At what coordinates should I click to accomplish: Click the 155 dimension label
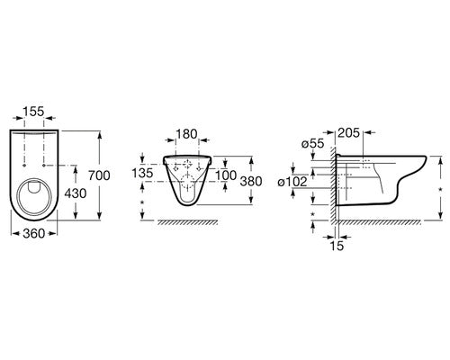pyautogui.click(x=33, y=112)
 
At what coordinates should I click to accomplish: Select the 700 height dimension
pyautogui.click(x=99, y=175)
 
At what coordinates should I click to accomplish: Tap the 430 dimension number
pyautogui.click(x=76, y=193)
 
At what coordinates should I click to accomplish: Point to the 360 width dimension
pyautogui.click(x=34, y=233)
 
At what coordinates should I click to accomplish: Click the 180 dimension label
pyautogui.click(x=186, y=134)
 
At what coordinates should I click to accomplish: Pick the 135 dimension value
pyautogui.click(x=142, y=173)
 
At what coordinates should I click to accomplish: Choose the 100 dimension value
pyautogui.click(x=226, y=175)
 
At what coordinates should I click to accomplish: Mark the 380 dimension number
pyautogui.click(x=251, y=181)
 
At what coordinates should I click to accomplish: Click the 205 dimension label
pyautogui.click(x=349, y=132)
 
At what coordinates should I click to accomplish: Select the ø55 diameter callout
pyautogui.click(x=313, y=144)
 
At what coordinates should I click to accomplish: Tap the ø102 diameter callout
pyautogui.click(x=292, y=182)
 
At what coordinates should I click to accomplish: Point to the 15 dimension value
pyautogui.click(x=337, y=246)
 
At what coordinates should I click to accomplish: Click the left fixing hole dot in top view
pyautogui.click(x=24, y=165)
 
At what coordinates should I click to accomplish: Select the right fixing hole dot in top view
pyautogui.click(x=44, y=165)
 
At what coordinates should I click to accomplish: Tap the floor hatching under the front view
pyautogui.click(x=188, y=222)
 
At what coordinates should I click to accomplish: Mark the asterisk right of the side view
pyautogui.click(x=440, y=189)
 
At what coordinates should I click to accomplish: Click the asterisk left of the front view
pyautogui.click(x=142, y=202)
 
